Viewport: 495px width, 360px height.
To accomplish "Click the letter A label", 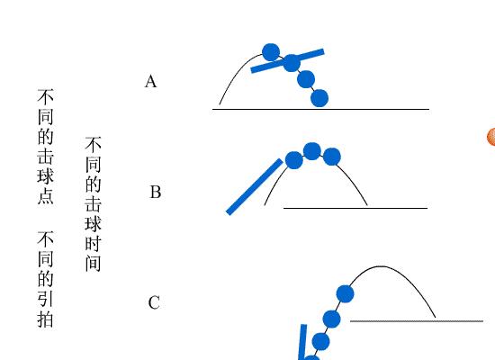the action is point(150,81).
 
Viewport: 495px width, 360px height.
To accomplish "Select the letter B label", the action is point(156,192).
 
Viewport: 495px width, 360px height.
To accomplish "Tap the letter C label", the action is point(154,302).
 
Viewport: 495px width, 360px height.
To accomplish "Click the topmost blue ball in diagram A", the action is point(271,52).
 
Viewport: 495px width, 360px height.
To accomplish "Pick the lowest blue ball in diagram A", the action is point(319,98).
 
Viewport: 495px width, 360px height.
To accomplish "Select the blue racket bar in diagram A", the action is point(288,60).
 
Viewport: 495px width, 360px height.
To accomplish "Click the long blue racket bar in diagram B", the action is point(255,187).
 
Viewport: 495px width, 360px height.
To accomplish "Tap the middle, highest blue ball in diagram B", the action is point(312,151).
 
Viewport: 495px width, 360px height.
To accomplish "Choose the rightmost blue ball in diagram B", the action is point(332,157).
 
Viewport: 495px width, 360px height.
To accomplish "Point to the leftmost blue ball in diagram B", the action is point(294,160).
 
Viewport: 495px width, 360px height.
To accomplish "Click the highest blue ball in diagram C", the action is point(345,293).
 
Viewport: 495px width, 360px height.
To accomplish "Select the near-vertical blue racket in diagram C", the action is point(302,342).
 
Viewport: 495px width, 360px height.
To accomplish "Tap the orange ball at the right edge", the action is point(491,137).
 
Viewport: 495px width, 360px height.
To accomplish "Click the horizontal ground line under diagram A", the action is point(320,109).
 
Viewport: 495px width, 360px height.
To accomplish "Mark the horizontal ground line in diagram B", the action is point(355,208).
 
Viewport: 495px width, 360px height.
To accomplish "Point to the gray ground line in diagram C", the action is point(417,321).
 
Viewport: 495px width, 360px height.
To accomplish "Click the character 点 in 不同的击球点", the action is point(46,196).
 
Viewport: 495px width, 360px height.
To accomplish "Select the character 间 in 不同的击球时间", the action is point(93,264).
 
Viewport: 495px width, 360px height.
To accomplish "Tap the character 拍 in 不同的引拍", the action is point(46,319).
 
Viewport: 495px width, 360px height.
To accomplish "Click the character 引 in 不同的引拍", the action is point(46,299).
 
